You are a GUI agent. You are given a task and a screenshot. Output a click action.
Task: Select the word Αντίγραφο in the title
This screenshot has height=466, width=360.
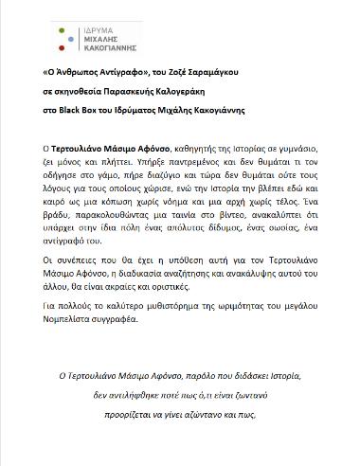(x=100, y=73)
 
